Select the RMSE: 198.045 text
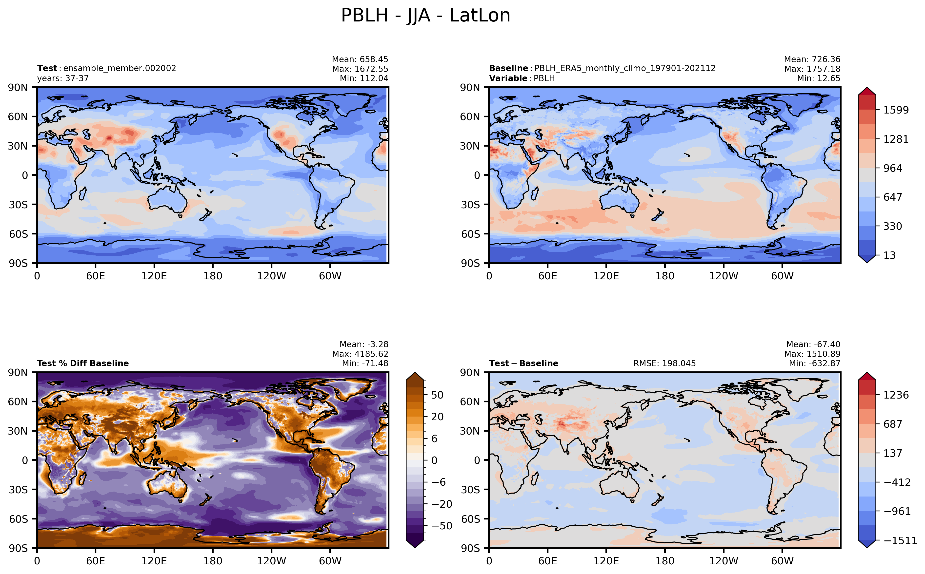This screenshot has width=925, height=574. pos(664,363)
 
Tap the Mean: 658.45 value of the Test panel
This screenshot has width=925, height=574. pos(360,59)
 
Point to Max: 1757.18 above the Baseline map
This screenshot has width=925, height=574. pos(812,69)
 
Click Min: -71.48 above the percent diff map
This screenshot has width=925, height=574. pos(365,363)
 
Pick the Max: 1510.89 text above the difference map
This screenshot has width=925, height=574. pos(812,354)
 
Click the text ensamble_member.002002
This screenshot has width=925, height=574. pos(120,68)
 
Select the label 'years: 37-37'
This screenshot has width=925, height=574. pos(63,78)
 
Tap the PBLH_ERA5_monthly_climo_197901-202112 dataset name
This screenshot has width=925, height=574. pos(625,68)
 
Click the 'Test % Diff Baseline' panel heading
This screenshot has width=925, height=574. pos(83,363)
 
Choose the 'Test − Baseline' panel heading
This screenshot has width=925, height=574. pos(523,363)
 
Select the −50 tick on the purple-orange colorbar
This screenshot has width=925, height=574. pos(442,526)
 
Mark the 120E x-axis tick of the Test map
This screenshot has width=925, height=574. pos(154,276)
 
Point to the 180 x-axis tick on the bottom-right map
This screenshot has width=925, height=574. pos(665,561)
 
